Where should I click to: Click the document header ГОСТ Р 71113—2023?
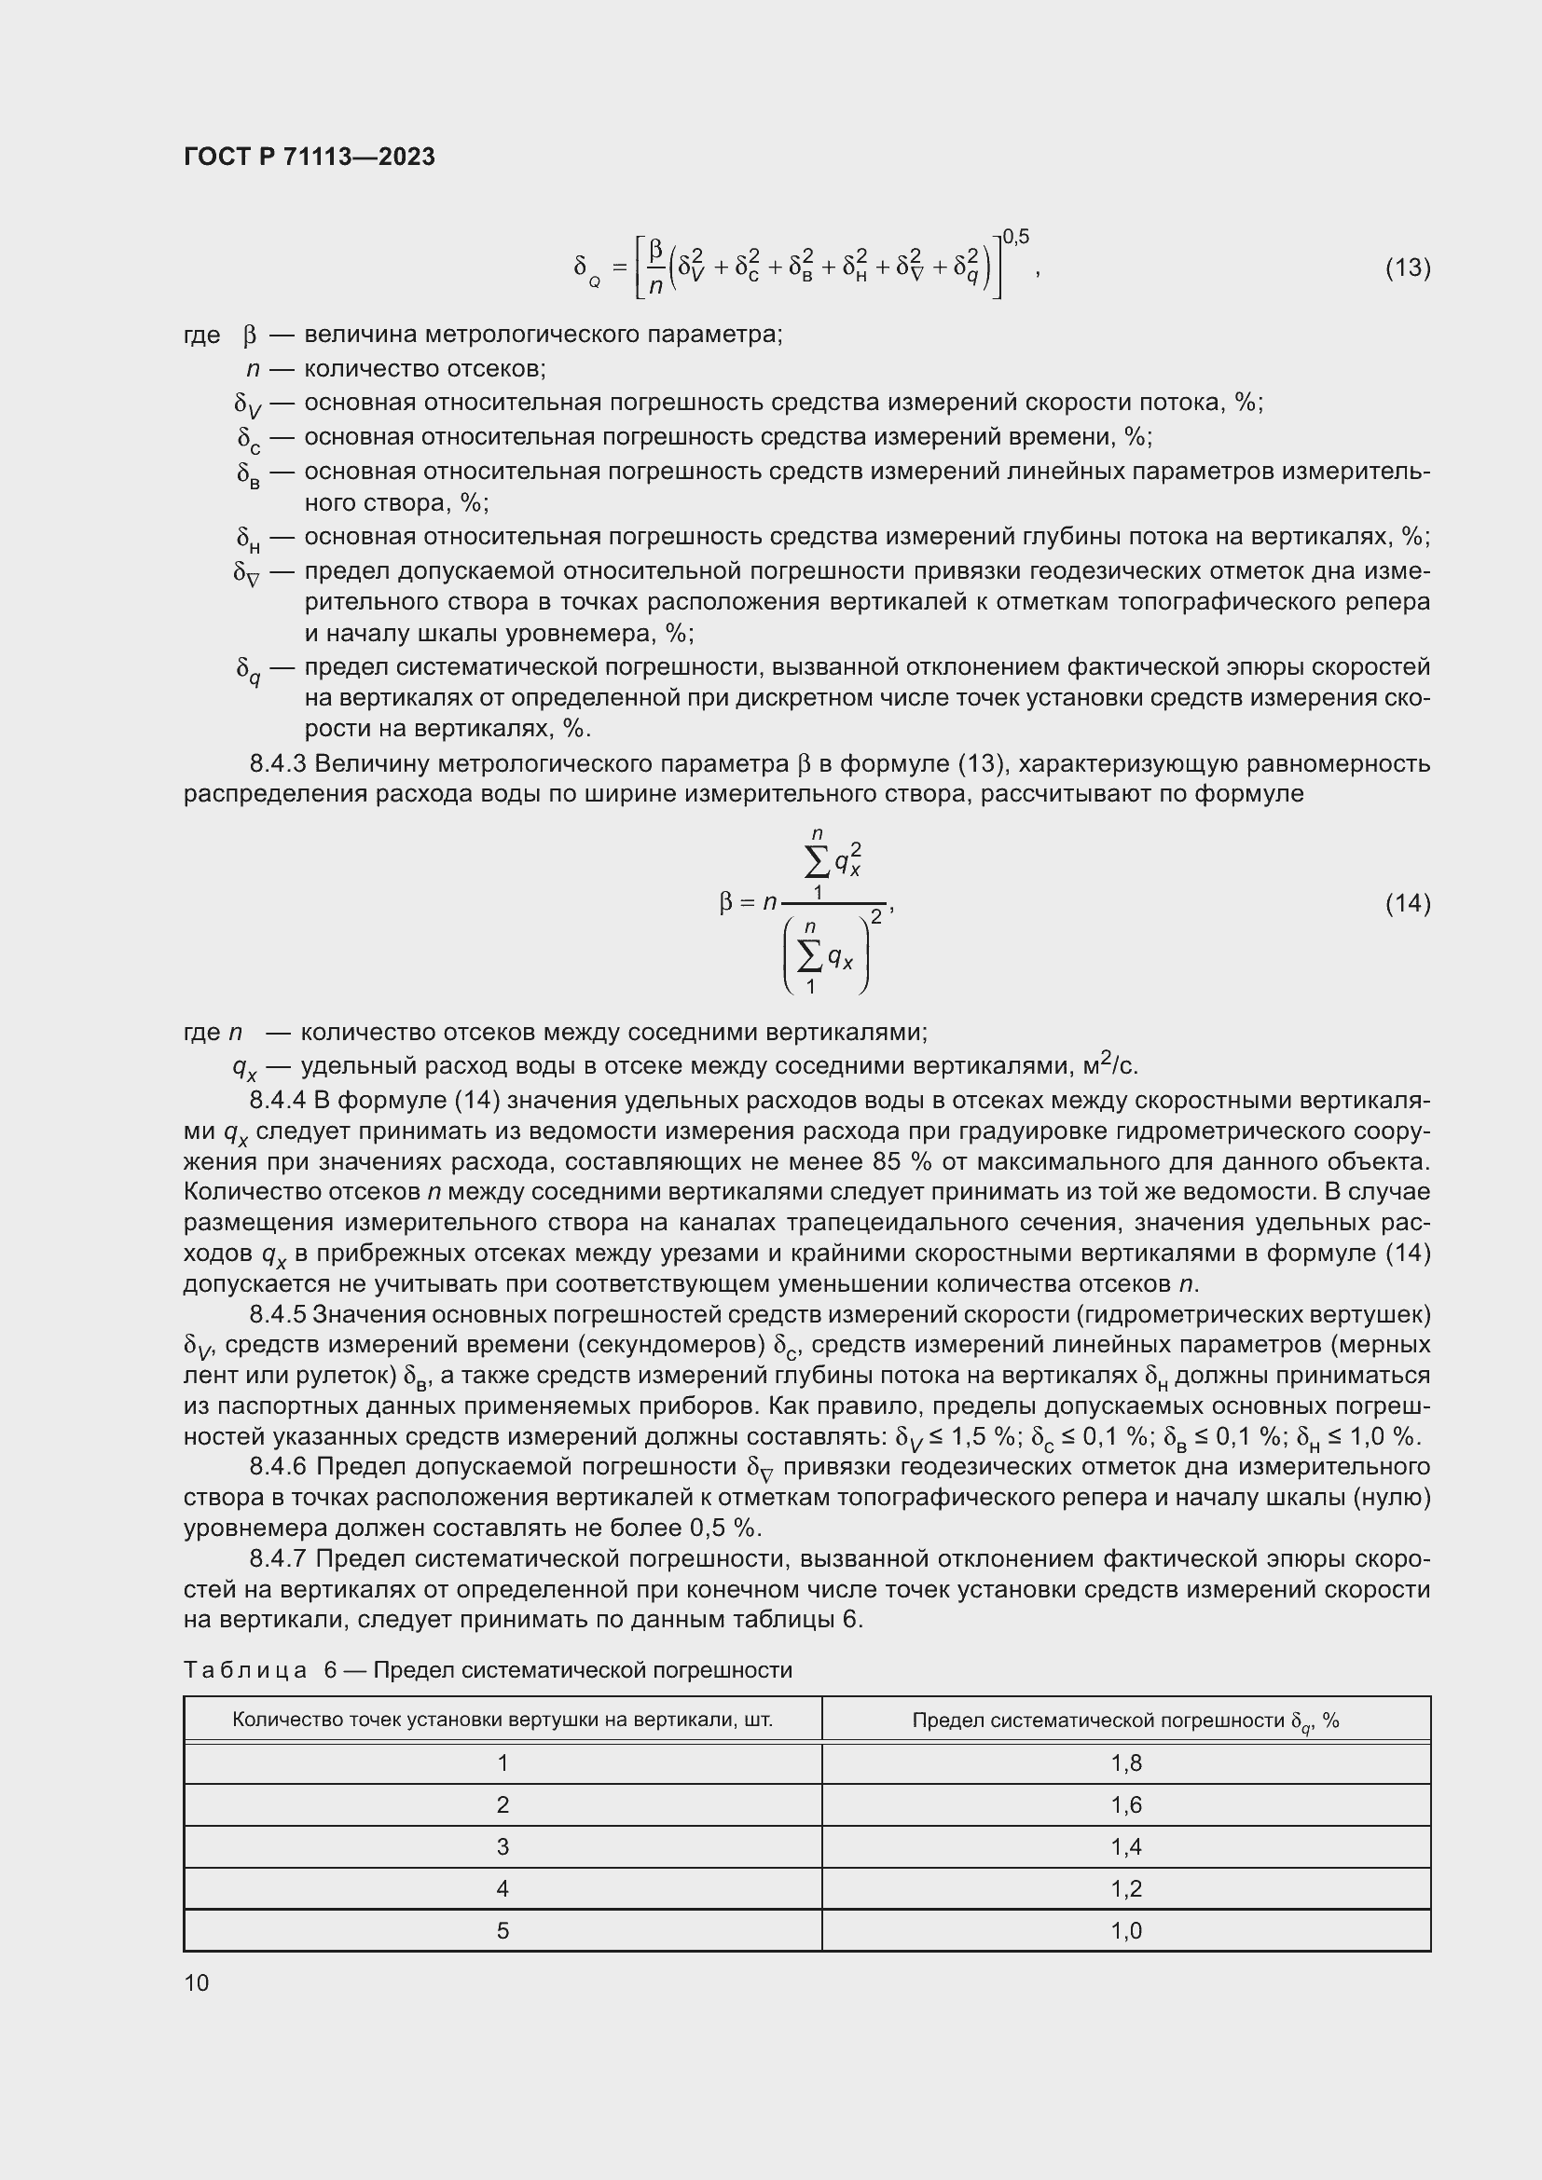(310, 157)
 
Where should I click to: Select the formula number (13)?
(1407, 267)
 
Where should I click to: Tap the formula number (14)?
(1407, 902)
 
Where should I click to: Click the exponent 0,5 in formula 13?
(1015, 237)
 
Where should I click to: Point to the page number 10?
(197, 1982)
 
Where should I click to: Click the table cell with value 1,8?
(1126, 1763)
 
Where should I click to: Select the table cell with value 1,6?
(1126, 1805)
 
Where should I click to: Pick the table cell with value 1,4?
(1126, 1846)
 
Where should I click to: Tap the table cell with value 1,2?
(1126, 1888)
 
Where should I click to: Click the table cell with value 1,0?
(1126, 1930)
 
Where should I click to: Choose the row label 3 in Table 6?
(503, 1846)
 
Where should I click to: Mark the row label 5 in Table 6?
(503, 1930)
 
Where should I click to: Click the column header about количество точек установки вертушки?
(503, 1720)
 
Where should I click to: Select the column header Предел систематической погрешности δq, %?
(1126, 1721)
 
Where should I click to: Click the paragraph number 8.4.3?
(278, 763)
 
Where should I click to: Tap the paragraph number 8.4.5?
(278, 1314)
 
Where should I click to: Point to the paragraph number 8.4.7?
(280, 1559)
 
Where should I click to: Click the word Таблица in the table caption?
(245, 1670)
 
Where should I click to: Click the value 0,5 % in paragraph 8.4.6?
(724, 1528)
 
